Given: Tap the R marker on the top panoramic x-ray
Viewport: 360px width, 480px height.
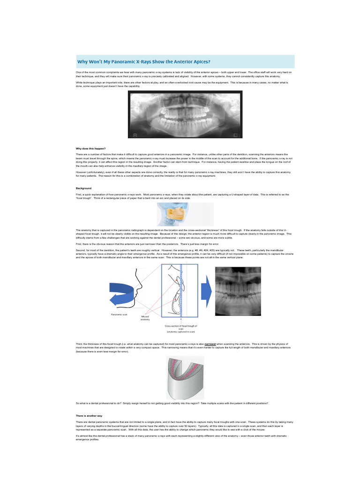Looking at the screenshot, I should tap(135, 134).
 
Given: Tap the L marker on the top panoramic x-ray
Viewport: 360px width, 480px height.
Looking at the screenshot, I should tap(235, 134).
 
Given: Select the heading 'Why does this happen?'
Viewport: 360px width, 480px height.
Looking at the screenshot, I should tap(91, 148).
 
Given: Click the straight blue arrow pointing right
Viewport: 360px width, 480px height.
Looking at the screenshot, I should tap(206, 292).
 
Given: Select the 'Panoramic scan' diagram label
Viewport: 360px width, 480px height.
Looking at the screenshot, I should tap(119, 315).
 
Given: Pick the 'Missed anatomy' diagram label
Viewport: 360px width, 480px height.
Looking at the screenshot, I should tap(145, 318).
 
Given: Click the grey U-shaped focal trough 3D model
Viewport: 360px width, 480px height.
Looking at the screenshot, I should tap(185, 378).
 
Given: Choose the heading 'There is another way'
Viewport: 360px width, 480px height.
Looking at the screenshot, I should tap(89, 416).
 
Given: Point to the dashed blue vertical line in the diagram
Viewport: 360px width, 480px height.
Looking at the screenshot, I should tap(181, 291).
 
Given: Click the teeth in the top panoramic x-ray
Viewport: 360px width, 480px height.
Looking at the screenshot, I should tap(185, 115).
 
